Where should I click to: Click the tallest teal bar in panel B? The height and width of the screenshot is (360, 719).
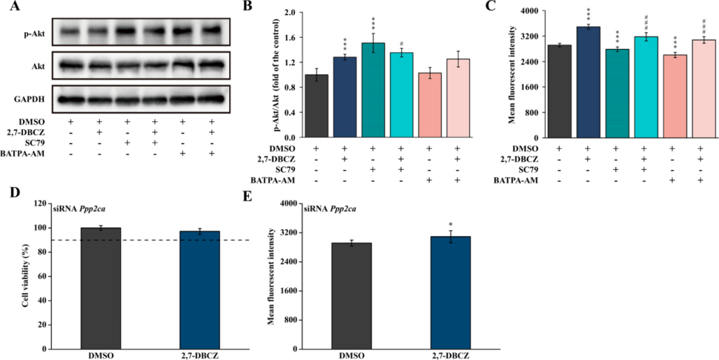click(372, 91)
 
